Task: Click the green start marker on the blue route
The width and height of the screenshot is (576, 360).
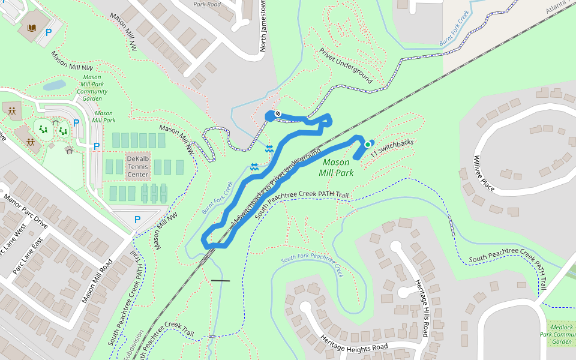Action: (367, 145)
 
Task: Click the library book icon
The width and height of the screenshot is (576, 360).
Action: (31, 28)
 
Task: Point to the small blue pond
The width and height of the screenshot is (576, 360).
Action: (54, 85)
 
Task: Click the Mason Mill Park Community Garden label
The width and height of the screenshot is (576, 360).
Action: (92, 88)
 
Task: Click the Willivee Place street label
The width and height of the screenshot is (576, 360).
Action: (484, 173)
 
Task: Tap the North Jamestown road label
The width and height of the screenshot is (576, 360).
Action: (262, 27)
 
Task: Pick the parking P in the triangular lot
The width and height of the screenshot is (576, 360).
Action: (137, 220)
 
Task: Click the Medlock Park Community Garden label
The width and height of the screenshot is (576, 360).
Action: (558, 334)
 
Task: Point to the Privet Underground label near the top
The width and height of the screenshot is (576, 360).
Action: (346, 66)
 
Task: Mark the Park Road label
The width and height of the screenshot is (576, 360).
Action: (208, 4)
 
